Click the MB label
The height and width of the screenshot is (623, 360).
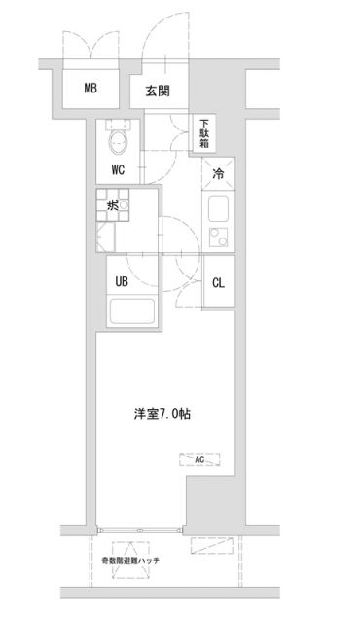pyautogui.click(x=90, y=90)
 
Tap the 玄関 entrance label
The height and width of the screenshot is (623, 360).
pyautogui.click(x=158, y=92)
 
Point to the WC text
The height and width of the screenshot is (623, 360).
pyautogui.click(x=118, y=169)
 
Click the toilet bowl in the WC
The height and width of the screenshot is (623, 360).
pyautogui.click(x=120, y=144)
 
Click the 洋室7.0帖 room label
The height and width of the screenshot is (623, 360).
pyautogui.click(x=162, y=414)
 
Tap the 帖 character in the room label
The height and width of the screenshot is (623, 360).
pyautogui.click(x=185, y=414)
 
